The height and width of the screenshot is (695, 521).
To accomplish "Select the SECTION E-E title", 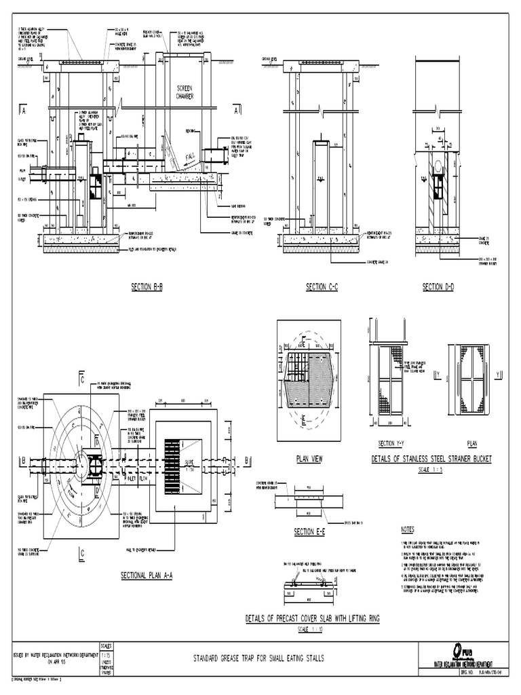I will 310,531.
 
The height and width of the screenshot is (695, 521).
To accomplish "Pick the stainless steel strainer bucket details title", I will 431,459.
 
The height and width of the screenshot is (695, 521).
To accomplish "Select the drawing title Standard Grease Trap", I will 259,658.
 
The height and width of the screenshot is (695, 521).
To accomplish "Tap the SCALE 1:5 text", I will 431,469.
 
